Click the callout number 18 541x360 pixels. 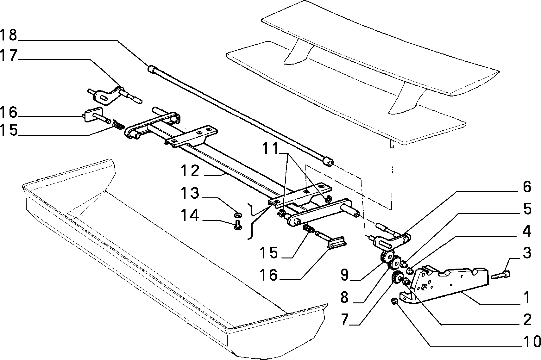(9, 35)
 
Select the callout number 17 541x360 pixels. (9, 56)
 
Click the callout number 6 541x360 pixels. (527, 187)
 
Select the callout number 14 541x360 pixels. (190, 215)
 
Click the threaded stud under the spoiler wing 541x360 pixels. (392, 145)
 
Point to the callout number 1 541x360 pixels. (527, 297)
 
